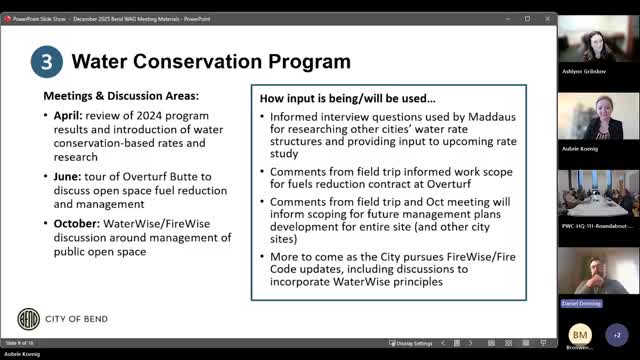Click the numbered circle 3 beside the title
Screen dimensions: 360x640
46,60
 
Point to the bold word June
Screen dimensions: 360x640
71,176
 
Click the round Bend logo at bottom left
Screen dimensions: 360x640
30,320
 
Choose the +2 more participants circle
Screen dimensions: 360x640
617,334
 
